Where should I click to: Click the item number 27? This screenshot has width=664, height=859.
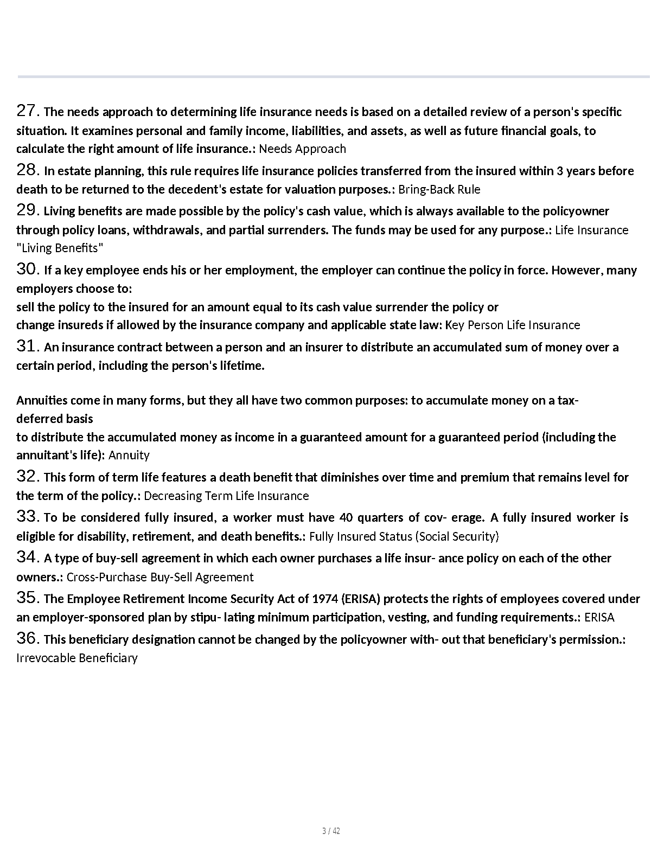(28, 111)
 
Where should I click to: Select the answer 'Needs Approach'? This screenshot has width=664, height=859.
(302, 149)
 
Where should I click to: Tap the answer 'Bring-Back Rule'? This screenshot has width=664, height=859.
(439, 190)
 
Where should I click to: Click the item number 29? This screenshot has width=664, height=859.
(28, 210)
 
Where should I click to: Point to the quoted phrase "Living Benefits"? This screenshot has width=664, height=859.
(60, 248)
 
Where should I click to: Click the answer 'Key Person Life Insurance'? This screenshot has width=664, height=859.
(512, 325)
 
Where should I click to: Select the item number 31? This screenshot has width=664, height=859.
(28, 347)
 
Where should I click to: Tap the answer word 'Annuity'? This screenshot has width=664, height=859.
(129, 456)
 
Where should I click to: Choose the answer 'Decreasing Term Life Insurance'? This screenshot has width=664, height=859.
(226, 496)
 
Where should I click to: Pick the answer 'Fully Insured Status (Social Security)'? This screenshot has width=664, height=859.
(404, 537)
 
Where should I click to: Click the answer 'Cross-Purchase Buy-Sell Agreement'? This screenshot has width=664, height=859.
(160, 578)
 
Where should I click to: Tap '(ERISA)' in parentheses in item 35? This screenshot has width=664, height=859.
(362, 599)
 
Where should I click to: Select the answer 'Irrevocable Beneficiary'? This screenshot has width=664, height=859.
(77, 658)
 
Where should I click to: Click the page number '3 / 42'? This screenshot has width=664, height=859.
(331, 831)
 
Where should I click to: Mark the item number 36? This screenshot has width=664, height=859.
(28, 639)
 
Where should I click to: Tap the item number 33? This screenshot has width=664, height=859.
(28, 517)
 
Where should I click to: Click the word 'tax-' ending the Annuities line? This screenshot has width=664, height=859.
(568, 401)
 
